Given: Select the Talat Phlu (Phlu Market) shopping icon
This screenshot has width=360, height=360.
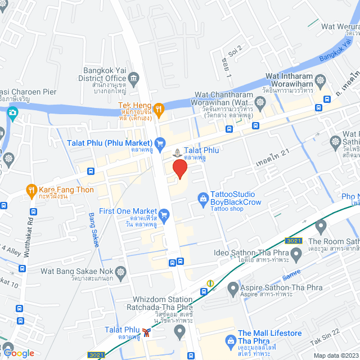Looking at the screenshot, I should coord(160,143).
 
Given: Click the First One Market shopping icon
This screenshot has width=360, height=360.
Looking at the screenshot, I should coord(164,214).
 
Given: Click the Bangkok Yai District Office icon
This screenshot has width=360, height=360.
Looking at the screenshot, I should coord(133,78).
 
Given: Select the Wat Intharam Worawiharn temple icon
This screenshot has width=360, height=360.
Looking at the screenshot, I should coord(321,79).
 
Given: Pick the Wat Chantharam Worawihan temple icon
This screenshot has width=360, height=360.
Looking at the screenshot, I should coord(260,102).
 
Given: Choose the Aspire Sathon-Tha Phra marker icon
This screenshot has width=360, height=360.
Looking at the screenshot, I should coord(233,289).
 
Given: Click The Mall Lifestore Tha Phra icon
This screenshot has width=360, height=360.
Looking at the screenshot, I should coord(230,340).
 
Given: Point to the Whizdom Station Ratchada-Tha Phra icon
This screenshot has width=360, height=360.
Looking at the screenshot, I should coord(180,330).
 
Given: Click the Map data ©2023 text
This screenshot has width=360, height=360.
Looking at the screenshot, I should coord(335,355).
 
